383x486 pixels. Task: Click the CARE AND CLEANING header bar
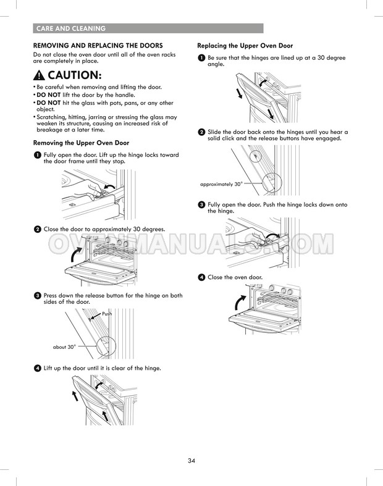[148, 28]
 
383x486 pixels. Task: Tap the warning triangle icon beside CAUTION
[39, 75]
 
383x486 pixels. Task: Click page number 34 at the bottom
[192, 461]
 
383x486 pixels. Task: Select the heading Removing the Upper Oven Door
[81, 143]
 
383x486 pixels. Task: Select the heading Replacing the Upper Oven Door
[245, 46]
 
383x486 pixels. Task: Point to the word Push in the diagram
[107, 314]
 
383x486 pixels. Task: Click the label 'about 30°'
[64, 347]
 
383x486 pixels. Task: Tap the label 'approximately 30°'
[221, 184]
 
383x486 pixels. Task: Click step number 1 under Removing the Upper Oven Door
[37, 155]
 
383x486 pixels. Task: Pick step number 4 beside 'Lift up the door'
[37, 368]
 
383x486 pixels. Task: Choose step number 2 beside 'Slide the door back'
[201, 132]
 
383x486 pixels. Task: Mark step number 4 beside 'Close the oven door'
[201, 277]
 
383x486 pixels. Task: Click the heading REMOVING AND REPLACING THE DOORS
[98, 46]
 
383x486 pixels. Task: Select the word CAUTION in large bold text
[74, 75]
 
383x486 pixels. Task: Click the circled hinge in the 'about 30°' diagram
[106, 346]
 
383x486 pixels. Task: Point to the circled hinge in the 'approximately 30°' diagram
[272, 183]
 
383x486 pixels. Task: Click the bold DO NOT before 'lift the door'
[48, 95]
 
